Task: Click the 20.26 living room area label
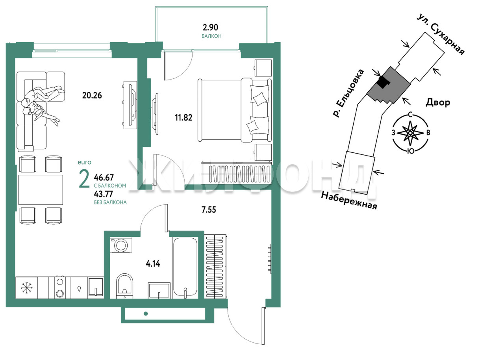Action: (x=92, y=95)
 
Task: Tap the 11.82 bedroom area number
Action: (x=183, y=118)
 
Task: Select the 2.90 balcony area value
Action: (x=210, y=28)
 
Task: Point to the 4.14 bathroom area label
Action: (x=153, y=264)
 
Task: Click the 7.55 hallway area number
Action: (x=209, y=210)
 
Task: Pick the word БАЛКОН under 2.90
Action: (x=211, y=36)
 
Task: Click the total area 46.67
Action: (x=104, y=178)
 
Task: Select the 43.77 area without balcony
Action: (x=104, y=194)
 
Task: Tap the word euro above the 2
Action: (x=84, y=162)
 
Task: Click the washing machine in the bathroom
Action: (x=121, y=245)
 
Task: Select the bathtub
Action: (x=185, y=267)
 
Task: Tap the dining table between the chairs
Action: (x=41, y=190)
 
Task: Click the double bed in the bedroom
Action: (x=234, y=110)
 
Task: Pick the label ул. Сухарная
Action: (x=440, y=34)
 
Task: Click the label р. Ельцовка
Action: (x=348, y=93)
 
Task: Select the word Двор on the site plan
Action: (x=438, y=102)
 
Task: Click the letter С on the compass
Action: (x=410, y=115)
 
